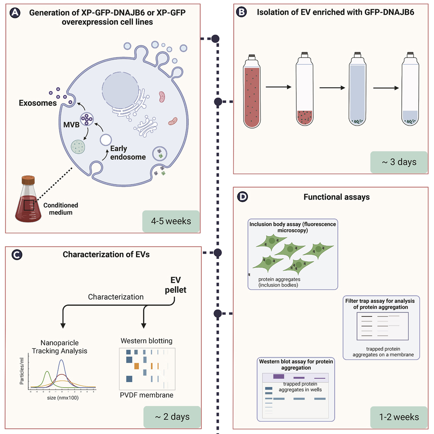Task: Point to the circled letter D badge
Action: [x=242, y=197]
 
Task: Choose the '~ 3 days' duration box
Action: [x=399, y=162]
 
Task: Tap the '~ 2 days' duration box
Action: [x=173, y=417]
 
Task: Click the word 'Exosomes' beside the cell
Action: [x=38, y=103]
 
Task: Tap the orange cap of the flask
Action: [x=28, y=179]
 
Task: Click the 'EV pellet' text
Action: [x=178, y=284]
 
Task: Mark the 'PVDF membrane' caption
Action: [x=147, y=395]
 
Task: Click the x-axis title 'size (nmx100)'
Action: [x=63, y=397]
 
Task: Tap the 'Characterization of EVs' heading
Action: [x=106, y=254]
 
